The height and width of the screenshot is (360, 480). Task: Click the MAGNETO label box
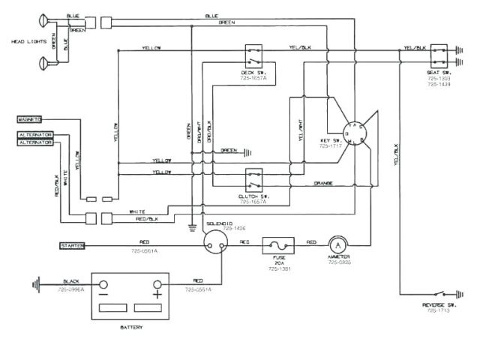pyautogui.click(x=29, y=118)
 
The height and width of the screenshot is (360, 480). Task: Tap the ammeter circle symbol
pyautogui.click(x=338, y=245)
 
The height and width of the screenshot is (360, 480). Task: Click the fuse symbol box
pyautogui.click(x=278, y=245)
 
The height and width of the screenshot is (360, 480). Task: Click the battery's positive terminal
pyautogui.click(x=158, y=285)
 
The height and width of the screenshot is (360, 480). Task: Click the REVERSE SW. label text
pyautogui.click(x=435, y=305)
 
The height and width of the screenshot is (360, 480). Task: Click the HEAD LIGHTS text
pyautogui.click(x=23, y=42)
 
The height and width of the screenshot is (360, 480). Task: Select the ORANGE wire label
pyautogui.click(x=323, y=183)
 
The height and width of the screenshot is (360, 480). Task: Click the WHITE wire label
pyautogui.click(x=137, y=211)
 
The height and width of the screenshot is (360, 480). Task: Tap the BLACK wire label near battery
pyautogui.click(x=73, y=281)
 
